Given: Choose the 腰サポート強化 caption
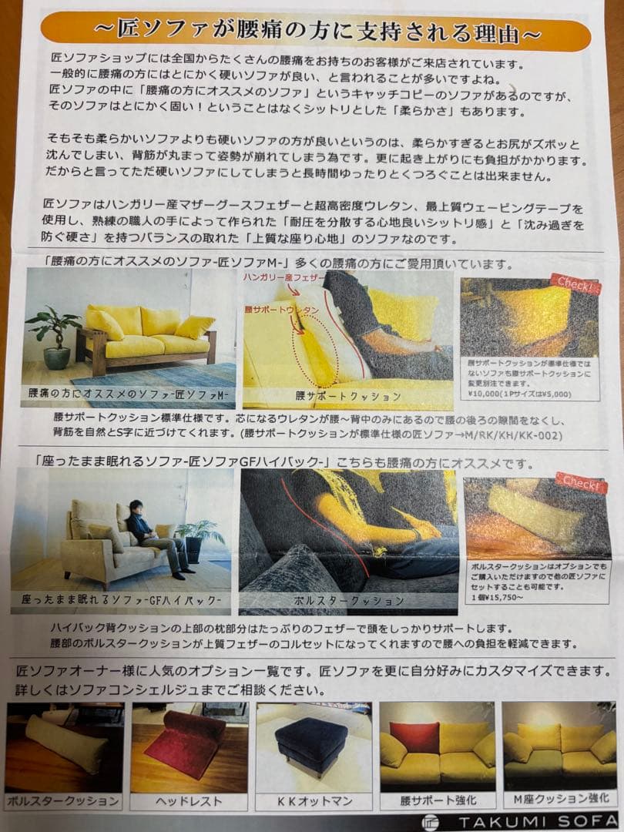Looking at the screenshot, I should point(437,801).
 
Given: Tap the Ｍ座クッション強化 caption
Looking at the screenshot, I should point(561,801).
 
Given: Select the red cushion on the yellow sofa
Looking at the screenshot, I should point(414,738).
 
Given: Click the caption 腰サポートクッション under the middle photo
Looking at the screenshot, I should point(348,397).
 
